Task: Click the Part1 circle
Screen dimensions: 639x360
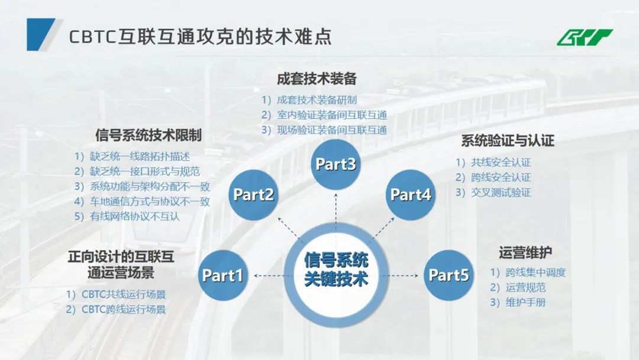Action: (223, 275)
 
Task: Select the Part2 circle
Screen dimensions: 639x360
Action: (253, 194)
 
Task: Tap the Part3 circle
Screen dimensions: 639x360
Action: (335, 164)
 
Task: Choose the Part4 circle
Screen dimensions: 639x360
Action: (411, 194)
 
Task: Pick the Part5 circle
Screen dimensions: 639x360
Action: (448, 275)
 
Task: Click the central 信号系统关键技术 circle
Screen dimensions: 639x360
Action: (336, 269)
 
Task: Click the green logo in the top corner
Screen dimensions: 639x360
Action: (585, 37)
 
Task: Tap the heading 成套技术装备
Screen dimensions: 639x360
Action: (317, 79)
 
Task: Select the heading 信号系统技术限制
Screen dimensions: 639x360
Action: (148, 135)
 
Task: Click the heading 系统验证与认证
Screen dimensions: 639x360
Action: (507, 141)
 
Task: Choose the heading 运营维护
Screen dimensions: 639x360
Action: (525, 253)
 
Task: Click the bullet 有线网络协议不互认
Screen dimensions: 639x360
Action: (127, 217)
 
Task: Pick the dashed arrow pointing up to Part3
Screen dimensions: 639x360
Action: (335, 213)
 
